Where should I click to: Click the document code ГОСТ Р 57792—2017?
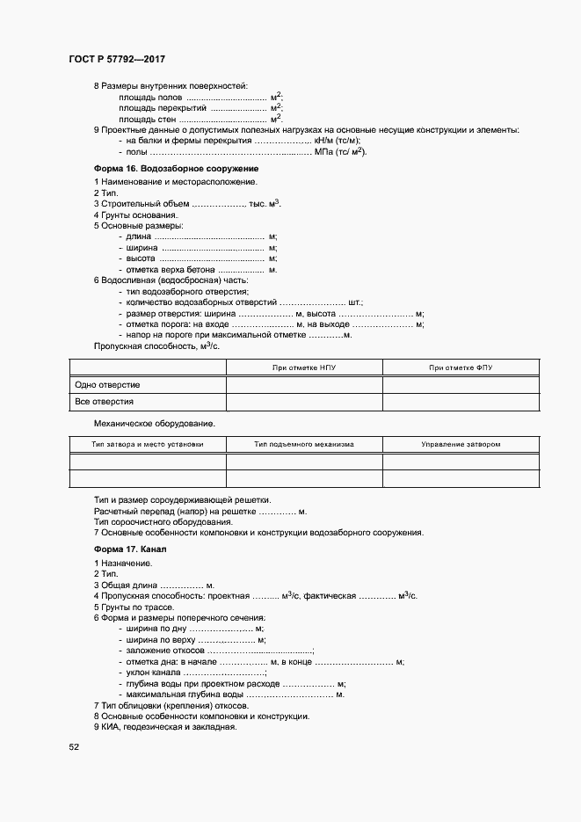117,58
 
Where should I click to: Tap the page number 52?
74,746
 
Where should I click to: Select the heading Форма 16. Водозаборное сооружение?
176,167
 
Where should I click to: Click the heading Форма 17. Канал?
129,549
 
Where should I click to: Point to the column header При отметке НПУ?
304,367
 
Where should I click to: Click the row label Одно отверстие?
108,385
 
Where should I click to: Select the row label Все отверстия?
105,402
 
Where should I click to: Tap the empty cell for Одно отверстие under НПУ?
304,385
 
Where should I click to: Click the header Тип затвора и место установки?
147,444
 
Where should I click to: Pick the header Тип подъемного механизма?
304,444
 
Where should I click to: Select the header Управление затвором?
461,444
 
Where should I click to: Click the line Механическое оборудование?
155,423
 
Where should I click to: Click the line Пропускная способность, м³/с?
156,346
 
